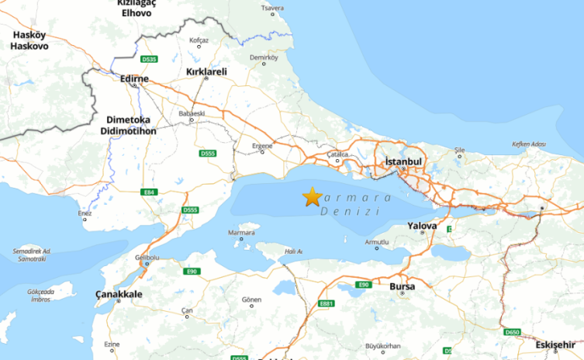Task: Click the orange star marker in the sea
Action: (x=312, y=197)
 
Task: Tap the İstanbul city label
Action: (x=403, y=161)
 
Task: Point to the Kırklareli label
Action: (x=206, y=71)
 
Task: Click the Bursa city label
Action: (x=402, y=286)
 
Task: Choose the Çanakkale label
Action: (x=119, y=294)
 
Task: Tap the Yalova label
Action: (x=422, y=227)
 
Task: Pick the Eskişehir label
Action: (x=557, y=344)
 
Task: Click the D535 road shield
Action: (x=150, y=59)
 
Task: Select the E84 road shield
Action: (x=150, y=192)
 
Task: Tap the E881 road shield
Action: (x=327, y=303)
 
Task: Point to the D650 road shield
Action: (x=512, y=332)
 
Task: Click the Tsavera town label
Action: (x=272, y=9)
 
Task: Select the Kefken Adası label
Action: (x=529, y=144)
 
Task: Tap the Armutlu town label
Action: (x=376, y=242)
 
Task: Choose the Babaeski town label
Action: (x=192, y=113)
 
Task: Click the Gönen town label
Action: (x=251, y=299)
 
